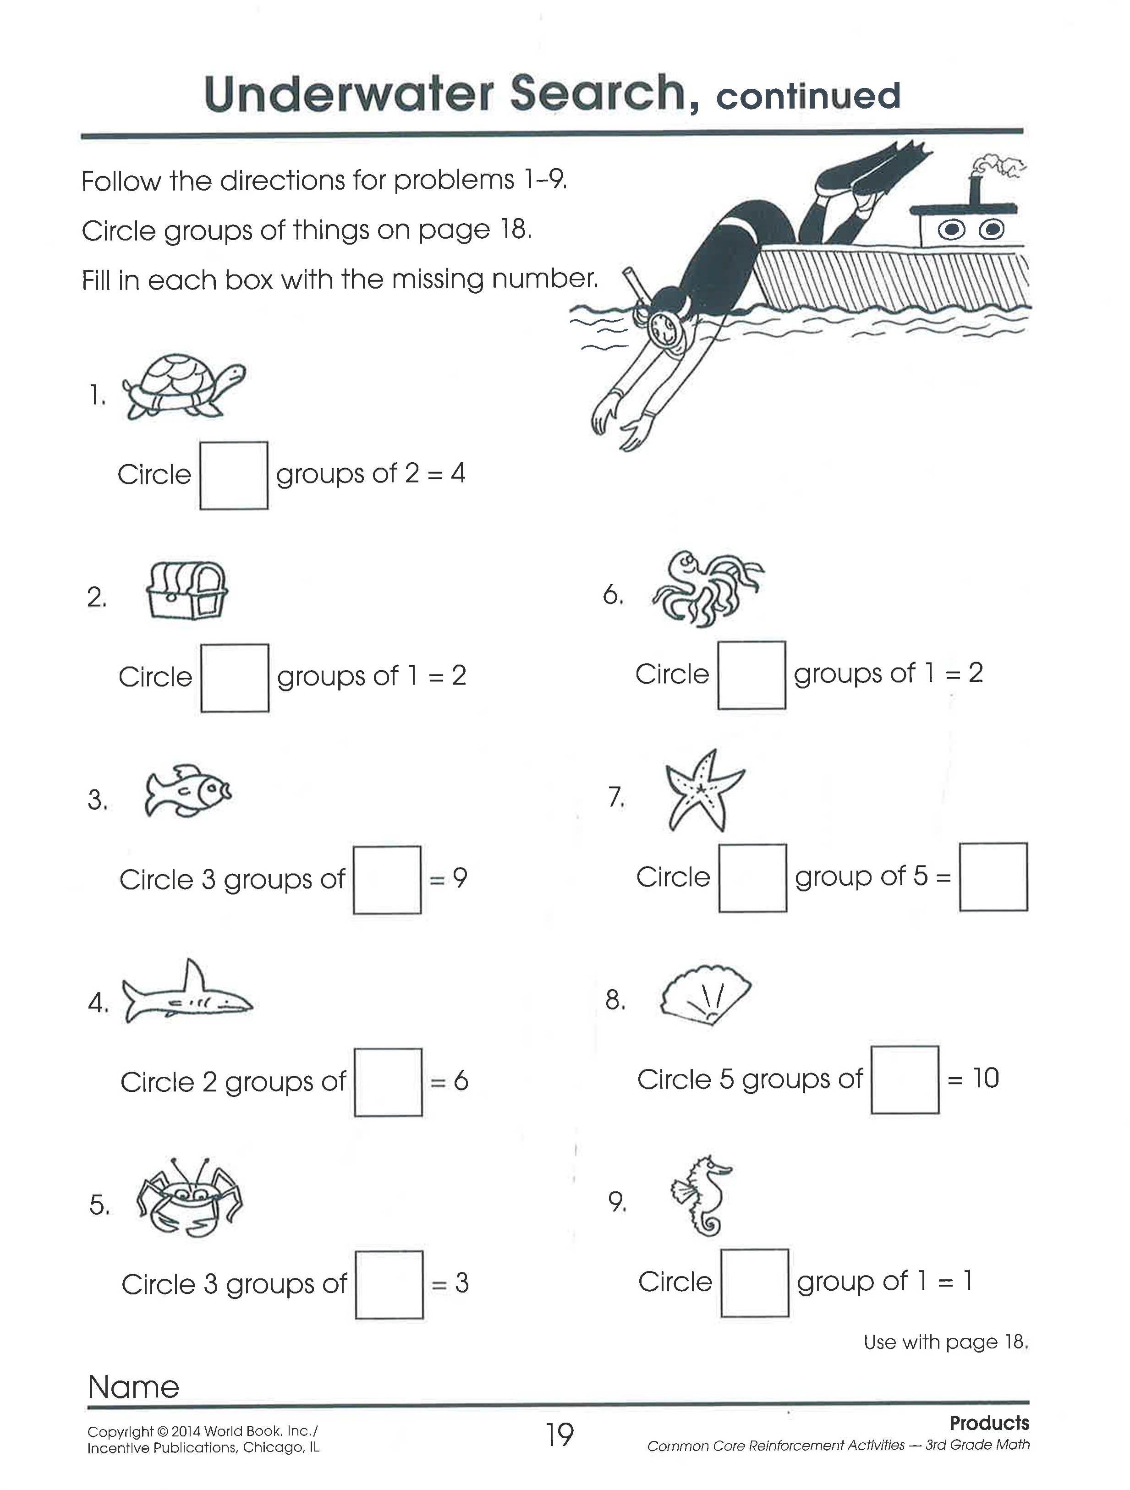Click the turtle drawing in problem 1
(183, 388)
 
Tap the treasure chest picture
(187, 591)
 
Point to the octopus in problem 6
(706, 589)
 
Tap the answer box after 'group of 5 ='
(993, 877)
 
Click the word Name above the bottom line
(133, 1387)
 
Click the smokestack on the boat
(974, 190)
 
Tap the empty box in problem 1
(234, 476)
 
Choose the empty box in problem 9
(755, 1282)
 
